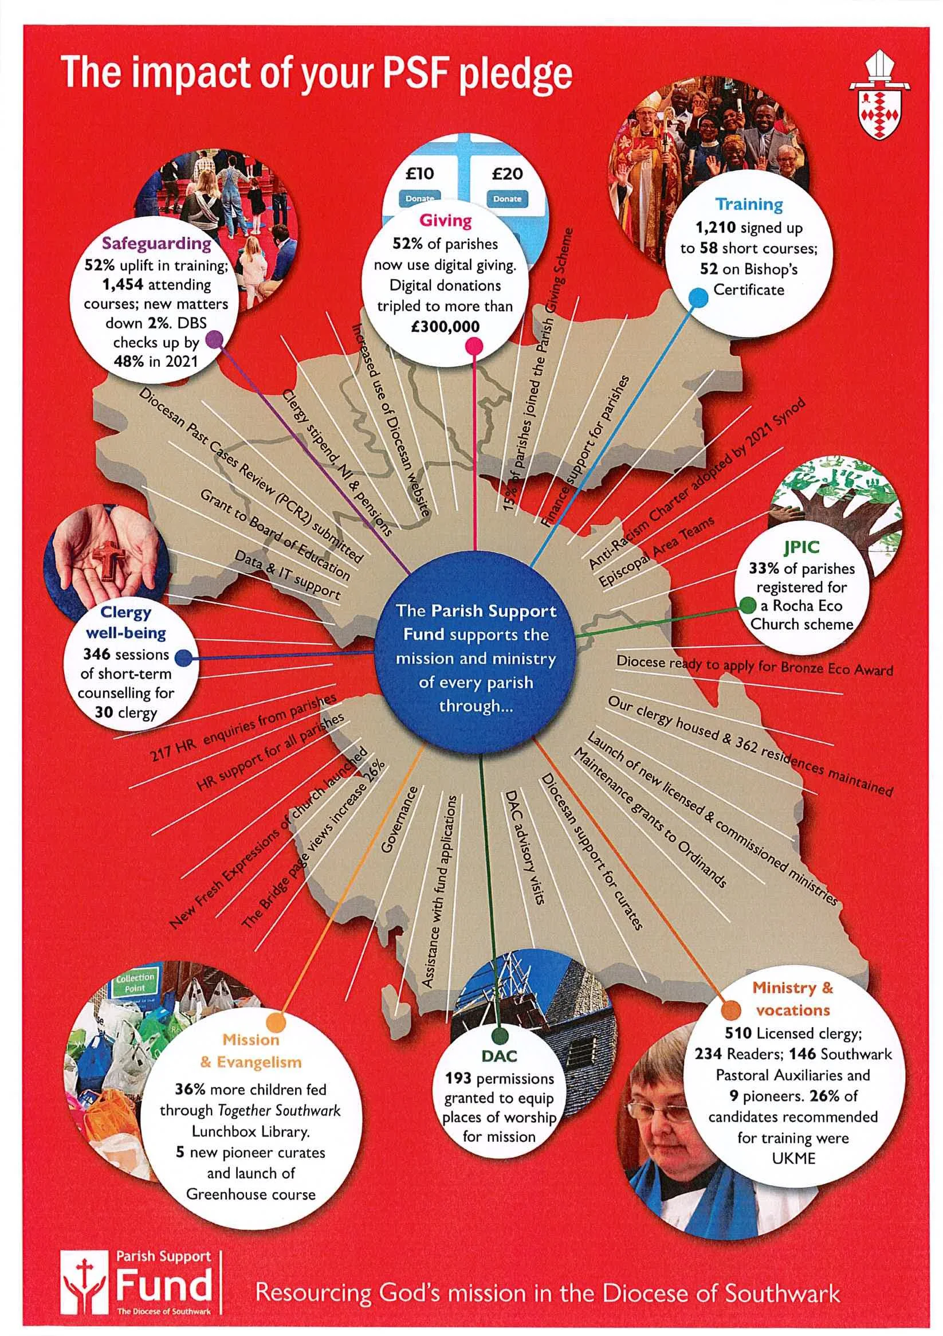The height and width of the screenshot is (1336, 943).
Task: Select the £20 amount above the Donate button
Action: [506, 174]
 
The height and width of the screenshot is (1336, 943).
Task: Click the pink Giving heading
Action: [446, 221]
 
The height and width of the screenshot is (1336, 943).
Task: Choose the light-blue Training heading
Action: [749, 204]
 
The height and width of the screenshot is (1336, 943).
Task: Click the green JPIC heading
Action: [801, 547]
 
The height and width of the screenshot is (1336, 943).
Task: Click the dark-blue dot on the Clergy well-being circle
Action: [184, 658]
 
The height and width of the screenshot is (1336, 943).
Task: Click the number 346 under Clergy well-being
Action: [96, 654]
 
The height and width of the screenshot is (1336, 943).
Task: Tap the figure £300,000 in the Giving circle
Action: [445, 327]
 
